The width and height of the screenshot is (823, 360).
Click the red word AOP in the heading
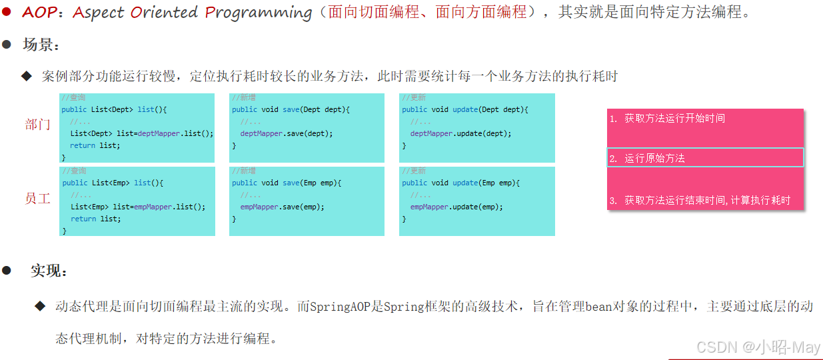click(x=39, y=12)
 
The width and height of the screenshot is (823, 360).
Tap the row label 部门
click(x=37, y=125)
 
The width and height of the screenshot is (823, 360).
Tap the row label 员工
click(x=37, y=199)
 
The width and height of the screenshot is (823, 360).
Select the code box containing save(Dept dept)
click(x=307, y=127)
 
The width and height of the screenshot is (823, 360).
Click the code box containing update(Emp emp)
click(x=476, y=201)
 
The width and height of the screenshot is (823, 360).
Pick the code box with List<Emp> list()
click(x=137, y=201)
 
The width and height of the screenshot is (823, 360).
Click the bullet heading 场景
click(x=41, y=45)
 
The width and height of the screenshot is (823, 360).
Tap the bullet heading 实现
click(x=49, y=271)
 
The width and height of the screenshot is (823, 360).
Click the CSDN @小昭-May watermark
click(x=758, y=347)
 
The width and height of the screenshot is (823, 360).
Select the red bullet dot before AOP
click(x=6, y=12)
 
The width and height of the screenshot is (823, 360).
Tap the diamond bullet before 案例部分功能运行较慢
click(x=27, y=76)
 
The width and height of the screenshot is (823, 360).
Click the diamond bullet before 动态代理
click(x=41, y=306)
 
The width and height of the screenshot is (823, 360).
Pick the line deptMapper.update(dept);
click(x=460, y=133)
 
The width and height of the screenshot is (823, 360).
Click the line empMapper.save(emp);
click(x=282, y=207)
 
